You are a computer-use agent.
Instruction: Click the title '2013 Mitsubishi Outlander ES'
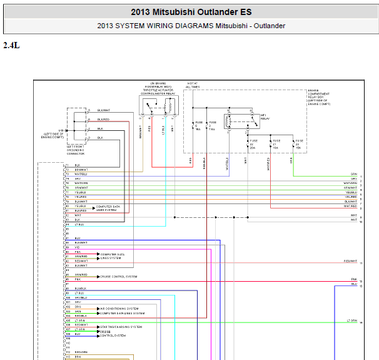pyautogui.click(x=191, y=12)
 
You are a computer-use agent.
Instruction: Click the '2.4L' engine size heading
pyautogui.click(x=12, y=45)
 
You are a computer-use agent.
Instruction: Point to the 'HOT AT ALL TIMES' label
pyautogui.click(x=192, y=85)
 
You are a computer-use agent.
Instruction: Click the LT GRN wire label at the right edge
pyautogui.click(x=352, y=321)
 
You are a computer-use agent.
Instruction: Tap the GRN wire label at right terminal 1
pyautogui.click(x=354, y=173)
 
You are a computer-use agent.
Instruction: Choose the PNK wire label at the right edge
pyautogui.click(x=354, y=280)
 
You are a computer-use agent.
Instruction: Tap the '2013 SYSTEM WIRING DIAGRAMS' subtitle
pyautogui.click(x=191, y=26)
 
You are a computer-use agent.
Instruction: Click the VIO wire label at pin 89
pyautogui.click(x=77, y=247)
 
